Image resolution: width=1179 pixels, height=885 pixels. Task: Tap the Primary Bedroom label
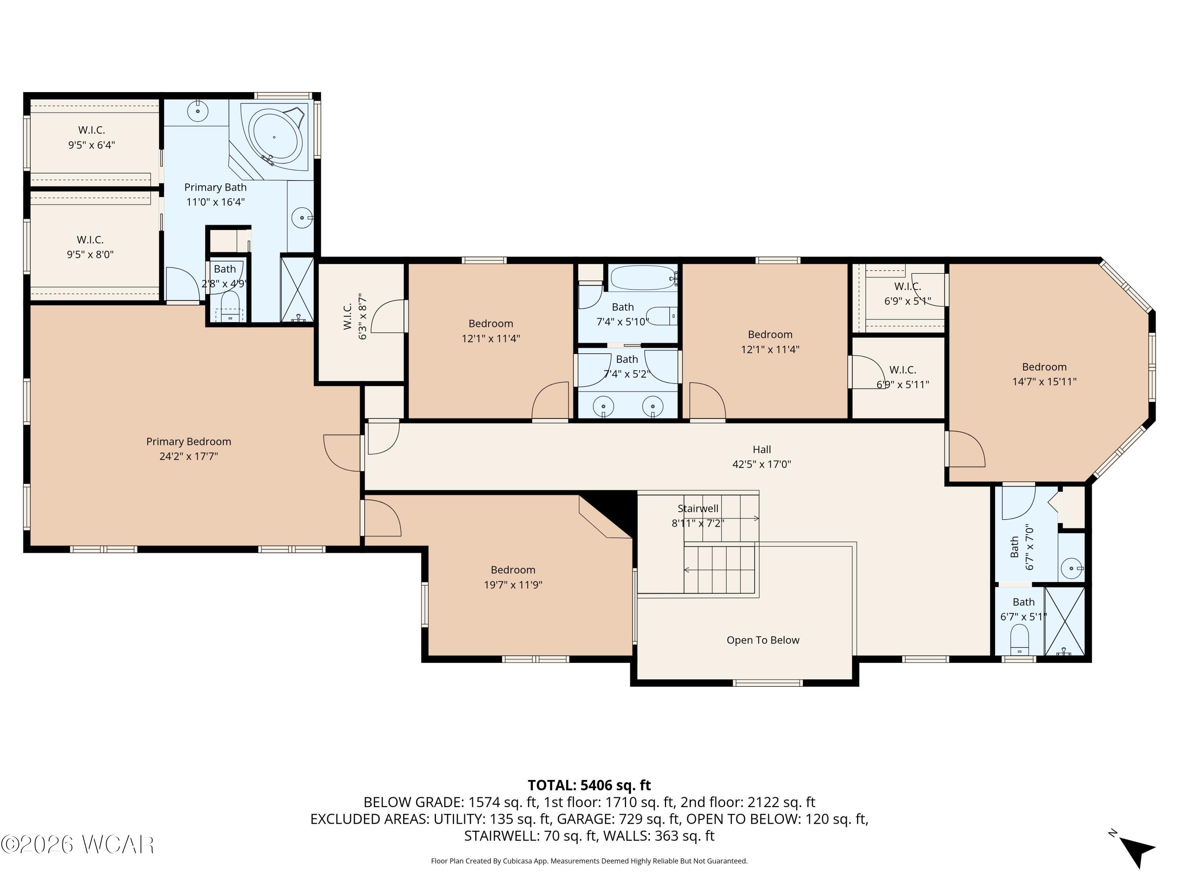(189, 442)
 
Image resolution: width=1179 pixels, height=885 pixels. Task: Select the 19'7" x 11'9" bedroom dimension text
(513, 584)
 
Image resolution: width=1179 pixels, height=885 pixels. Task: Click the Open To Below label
(763, 640)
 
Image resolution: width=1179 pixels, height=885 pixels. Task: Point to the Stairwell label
(698, 508)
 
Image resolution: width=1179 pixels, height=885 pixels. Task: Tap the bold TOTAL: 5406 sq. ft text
(589, 785)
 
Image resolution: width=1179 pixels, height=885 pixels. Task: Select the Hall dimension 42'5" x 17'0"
(761, 464)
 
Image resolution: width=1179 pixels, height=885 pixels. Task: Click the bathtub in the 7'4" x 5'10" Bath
(643, 277)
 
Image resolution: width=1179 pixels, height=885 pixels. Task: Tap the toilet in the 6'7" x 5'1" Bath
(1019, 639)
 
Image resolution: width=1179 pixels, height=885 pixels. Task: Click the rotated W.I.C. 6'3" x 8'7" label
(354, 316)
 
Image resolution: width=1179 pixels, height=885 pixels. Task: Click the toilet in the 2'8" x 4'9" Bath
(230, 307)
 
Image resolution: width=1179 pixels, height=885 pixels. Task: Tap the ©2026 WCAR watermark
(78, 844)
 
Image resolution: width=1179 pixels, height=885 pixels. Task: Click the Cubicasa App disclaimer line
(589, 861)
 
